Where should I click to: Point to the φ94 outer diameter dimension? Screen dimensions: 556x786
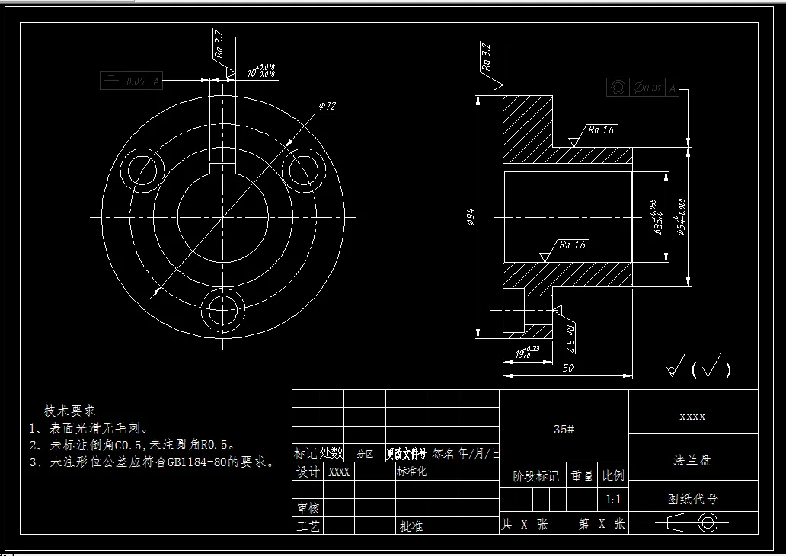(x=471, y=219)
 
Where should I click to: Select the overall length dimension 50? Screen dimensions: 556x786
(x=567, y=368)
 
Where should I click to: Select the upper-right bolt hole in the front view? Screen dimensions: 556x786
(x=303, y=168)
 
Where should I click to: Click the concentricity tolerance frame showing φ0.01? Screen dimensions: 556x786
(x=643, y=88)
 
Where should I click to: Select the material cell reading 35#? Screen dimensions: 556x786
(x=564, y=429)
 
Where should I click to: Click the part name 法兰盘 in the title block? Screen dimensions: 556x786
(x=692, y=461)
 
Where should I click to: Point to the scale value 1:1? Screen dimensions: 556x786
(x=613, y=500)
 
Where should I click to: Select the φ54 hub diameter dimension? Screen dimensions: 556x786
(x=680, y=217)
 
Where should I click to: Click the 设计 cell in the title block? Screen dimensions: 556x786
(x=307, y=472)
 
